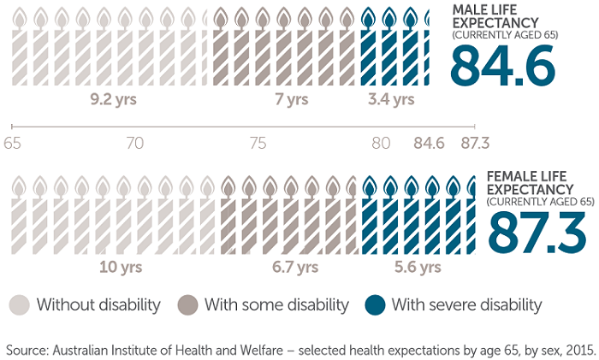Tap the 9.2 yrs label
pyautogui.click(x=113, y=99)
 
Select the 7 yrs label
pyautogui.click(x=292, y=99)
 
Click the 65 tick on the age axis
pyautogui.click(x=13, y=143)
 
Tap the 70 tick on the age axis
pyautogui.click(x=134, y=143)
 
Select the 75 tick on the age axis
pyautogui.click(x=258, y=143)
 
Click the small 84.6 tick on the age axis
pyautogui.click(x=428, y=143)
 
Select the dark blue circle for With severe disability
pyautogui.click(x=375, y=304)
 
